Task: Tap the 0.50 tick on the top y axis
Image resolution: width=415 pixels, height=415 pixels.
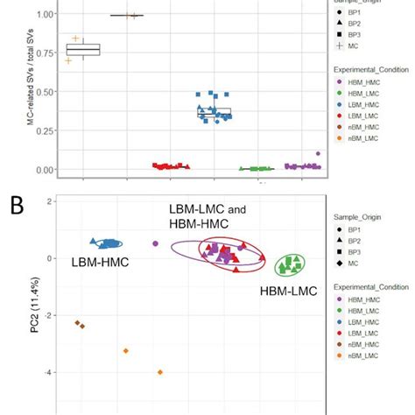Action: point(38,92)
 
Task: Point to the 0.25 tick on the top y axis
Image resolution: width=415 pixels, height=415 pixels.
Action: point(38,130)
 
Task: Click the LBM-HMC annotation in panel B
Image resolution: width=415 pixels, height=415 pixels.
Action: point(95,261)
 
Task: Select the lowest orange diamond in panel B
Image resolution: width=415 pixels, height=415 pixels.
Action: point(160,372)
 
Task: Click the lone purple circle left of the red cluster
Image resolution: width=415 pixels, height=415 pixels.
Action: point(156,244)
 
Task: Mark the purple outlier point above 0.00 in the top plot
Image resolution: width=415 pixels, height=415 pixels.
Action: point(318,154)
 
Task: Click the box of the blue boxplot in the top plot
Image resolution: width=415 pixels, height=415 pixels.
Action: point(215,112)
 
